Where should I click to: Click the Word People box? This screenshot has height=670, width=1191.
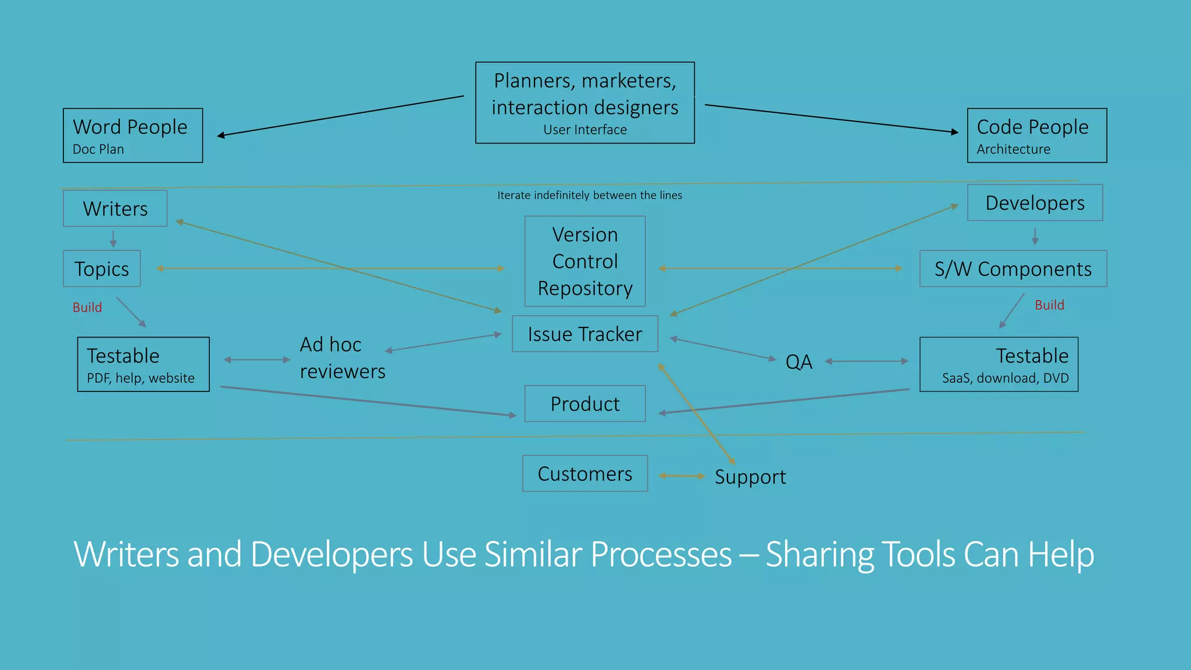pos(133,136)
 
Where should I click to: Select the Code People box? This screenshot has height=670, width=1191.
pos(1036,136)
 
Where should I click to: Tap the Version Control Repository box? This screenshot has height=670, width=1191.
pos(584,261)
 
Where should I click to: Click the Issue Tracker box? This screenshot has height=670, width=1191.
pos(584,334)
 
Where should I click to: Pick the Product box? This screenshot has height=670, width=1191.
pos(584,404)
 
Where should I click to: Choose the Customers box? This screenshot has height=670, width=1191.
pos(584,473)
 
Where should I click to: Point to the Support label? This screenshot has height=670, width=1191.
pos(750,477)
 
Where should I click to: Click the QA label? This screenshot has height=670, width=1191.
pos(798,362)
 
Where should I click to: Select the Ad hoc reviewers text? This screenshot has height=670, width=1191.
pos(342,358)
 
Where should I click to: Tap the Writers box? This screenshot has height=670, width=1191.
pos(115,208)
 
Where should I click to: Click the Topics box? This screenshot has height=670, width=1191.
pos(102,269)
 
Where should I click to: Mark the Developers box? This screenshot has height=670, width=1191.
pos(1035,202)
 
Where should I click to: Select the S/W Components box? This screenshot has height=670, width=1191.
pos(1012,269)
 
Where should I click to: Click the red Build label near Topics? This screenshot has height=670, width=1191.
pos(87,308)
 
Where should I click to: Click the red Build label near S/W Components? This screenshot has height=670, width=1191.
pos(1049,305)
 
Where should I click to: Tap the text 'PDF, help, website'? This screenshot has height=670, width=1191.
pos(141,378)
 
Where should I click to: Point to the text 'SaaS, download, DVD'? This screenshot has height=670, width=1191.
pos(1005,378)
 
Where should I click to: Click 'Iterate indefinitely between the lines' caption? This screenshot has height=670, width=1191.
pos(589,195)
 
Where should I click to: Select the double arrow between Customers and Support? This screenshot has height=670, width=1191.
pos(682,476)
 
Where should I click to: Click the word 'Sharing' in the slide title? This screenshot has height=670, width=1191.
pos(819,554)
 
